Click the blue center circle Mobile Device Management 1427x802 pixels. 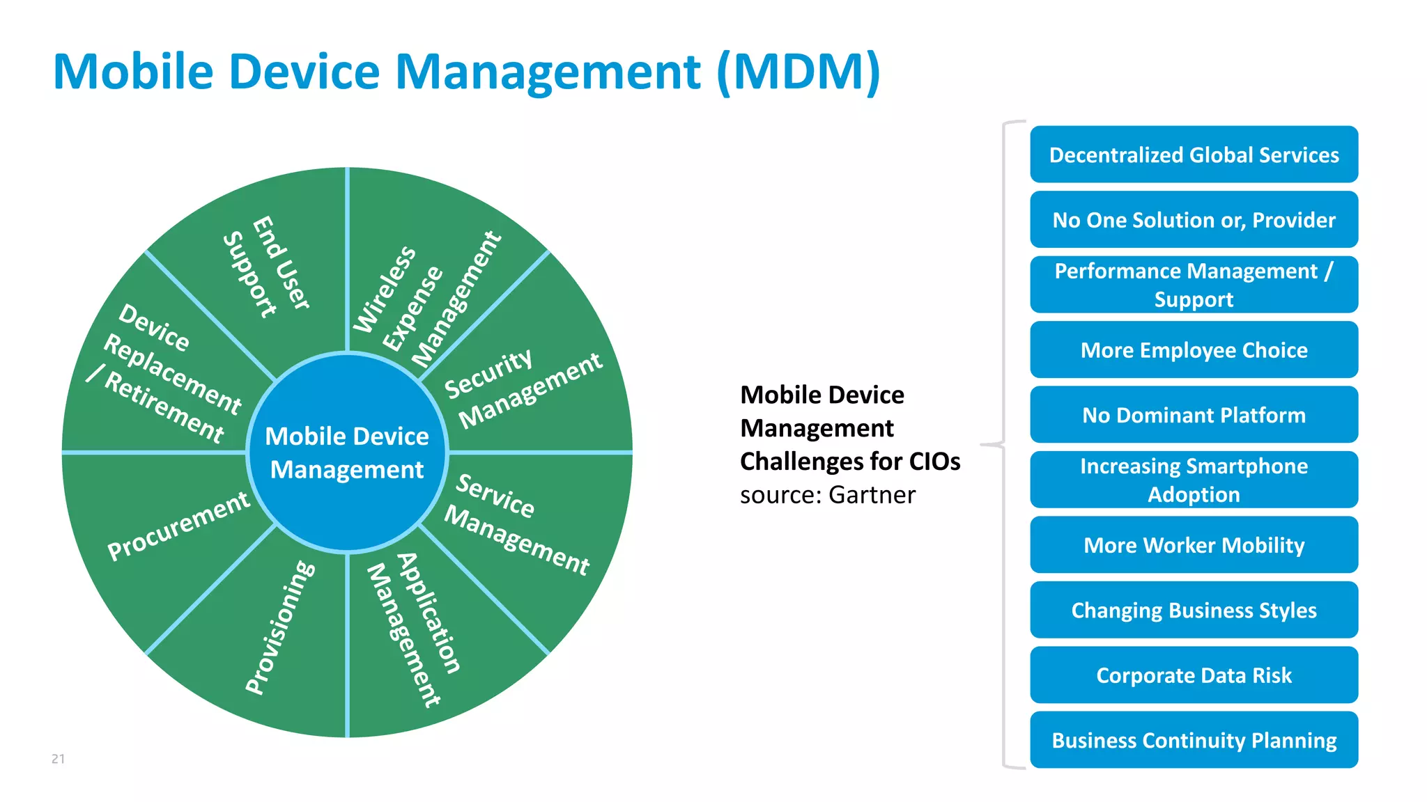tap(347, 453)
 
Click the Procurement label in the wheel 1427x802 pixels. tap(178, 525)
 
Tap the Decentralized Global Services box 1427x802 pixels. tap(1194, 155)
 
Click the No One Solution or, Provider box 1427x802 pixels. tap(1194, 220)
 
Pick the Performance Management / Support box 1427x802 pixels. tap(1194, 285)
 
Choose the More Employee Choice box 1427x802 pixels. tap(1194, 350)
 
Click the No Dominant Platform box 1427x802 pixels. tap(1194, 415)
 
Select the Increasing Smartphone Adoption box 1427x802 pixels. tap(1194, 480)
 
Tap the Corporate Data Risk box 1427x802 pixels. tap(1194, 675)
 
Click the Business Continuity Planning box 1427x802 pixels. tap(1194, 740)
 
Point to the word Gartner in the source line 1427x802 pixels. tap(872, 495)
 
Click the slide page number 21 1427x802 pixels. tap(58, 759)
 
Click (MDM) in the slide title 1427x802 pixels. tap(799, 72)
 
